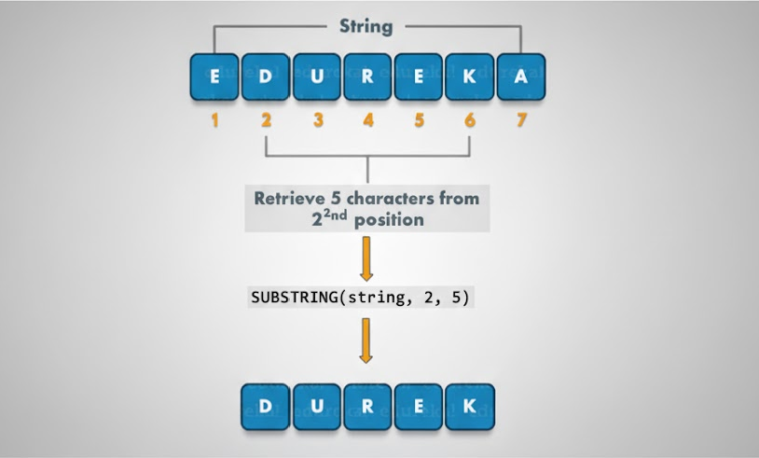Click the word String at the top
pos(366,26)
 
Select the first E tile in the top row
pos(214,76)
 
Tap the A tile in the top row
pos(520,76)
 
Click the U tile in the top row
pos(317,76)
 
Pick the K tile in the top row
pos(469,76)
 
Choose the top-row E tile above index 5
pos(419,76)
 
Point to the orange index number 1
pos(214,120)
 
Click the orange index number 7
pos(520,120)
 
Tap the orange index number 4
pos(368,120)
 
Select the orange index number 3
pos(318,120)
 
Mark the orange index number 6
pos(469,120)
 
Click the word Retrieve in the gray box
pos(288,199)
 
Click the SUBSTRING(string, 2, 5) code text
pos(366,298)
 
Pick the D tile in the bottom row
pos(265,406)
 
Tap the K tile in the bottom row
pos(469,406)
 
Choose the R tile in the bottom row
pos(367,406)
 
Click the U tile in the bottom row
pos(316,406)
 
